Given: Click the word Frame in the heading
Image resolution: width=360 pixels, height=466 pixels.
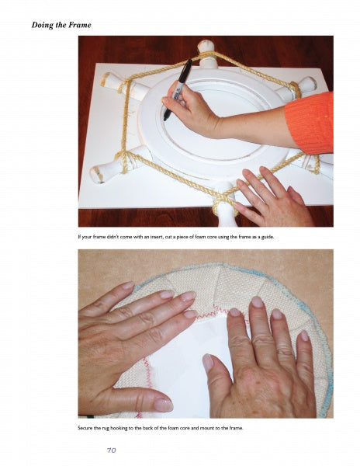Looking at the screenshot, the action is (x=80, y=25).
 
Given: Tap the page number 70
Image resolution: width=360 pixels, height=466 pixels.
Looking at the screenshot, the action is (x=111, y=450).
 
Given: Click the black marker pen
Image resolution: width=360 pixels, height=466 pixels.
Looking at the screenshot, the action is (x=178, y=90).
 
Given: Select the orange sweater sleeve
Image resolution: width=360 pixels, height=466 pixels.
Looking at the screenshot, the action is (x=310, y=123).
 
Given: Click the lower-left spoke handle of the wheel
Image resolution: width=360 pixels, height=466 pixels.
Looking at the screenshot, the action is (x=116, y=165).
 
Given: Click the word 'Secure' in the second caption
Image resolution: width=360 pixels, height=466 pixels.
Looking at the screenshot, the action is (x=85, y=428).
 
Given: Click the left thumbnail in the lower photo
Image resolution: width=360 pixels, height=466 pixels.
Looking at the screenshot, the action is (x=163, y=405).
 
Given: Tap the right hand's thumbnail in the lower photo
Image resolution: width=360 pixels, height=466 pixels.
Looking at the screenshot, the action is (x=208, y=363).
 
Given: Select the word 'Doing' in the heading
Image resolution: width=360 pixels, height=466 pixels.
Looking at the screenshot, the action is (x=44, y=26).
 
